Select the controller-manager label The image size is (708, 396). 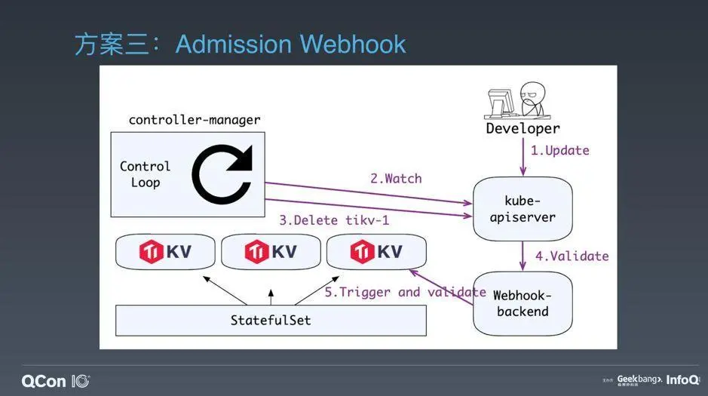point(195,119)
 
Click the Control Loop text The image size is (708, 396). point(145,173)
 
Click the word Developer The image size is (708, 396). point(523,129)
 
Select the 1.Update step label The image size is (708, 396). point(559,150)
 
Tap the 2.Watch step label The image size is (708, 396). point(396,179)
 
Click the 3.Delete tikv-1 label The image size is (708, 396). point(329,220)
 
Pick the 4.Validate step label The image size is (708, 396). point(572,256)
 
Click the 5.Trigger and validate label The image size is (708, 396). point(405,292)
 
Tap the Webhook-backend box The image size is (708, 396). point(523,303)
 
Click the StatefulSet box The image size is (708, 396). point(271,320)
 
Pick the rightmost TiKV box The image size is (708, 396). point(376,251)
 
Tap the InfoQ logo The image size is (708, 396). point(682,380)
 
